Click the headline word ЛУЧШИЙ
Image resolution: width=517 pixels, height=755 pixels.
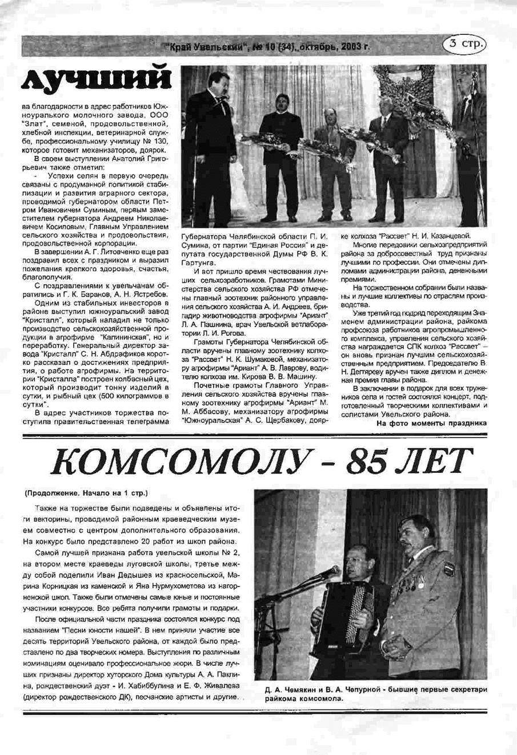[96, 79]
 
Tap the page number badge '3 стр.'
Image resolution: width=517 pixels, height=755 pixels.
[467, 43]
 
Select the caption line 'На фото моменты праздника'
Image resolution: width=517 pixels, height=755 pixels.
[432, 423]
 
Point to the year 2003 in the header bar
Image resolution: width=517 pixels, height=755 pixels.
[354, 47]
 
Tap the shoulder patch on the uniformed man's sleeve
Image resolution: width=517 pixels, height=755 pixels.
[449, 569]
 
